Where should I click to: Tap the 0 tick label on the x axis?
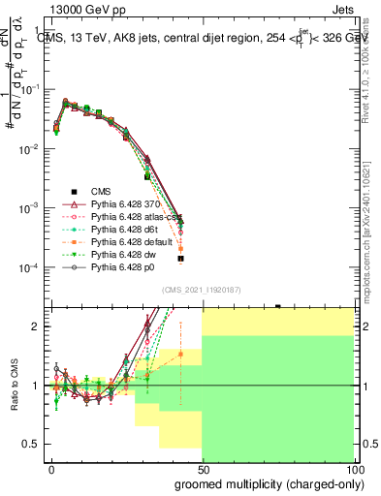52,469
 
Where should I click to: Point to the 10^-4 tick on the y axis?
26,267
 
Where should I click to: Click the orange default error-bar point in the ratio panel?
180,354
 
